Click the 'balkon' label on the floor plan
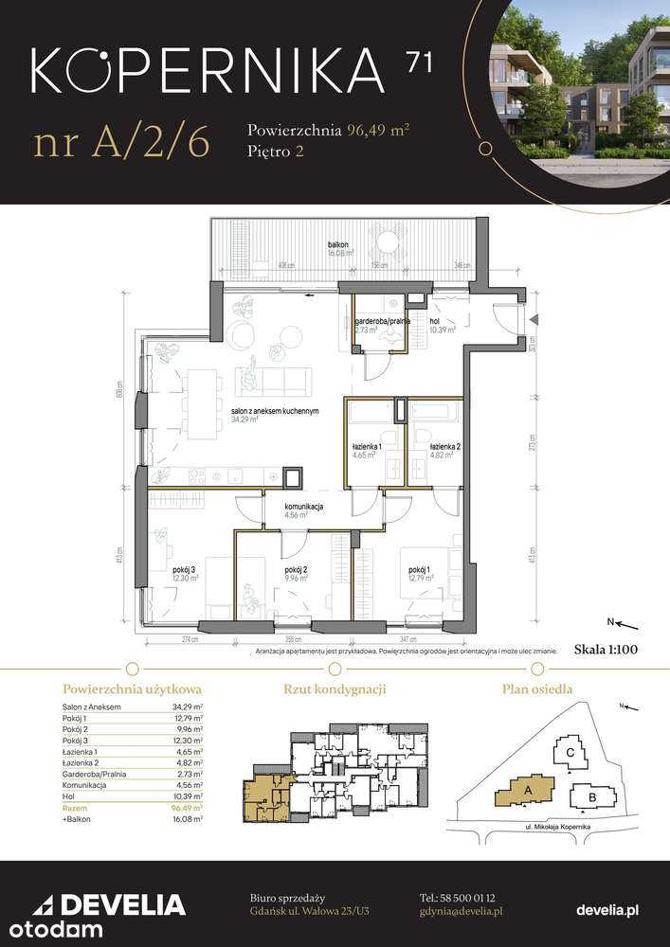coord(339,243)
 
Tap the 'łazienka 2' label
coord(444,446)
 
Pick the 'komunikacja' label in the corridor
coord(304,508)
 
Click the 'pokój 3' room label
coord(184,569)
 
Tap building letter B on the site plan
coord(591,798)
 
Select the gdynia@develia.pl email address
coord(460,910)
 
